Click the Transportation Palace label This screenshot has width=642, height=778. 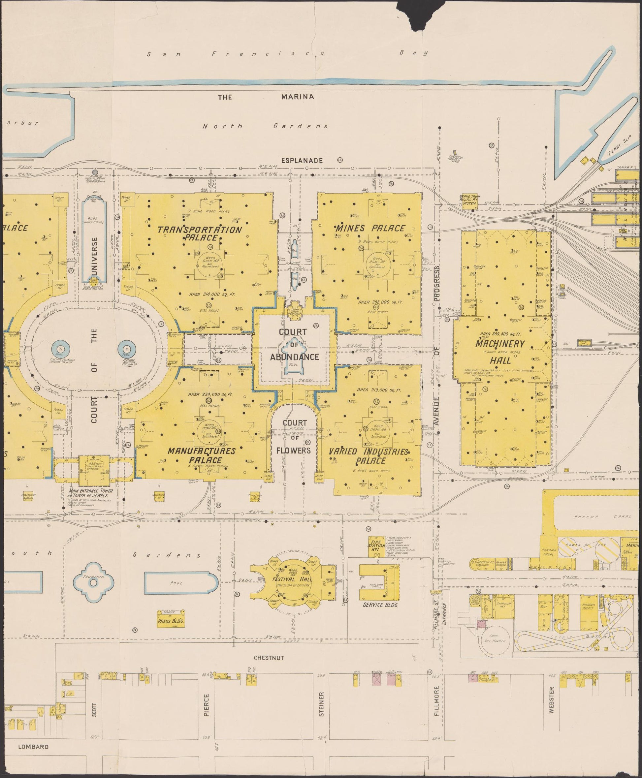(199, 233)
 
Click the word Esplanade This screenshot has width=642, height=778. (302, 161)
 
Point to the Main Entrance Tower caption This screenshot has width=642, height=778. (88, 493)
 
